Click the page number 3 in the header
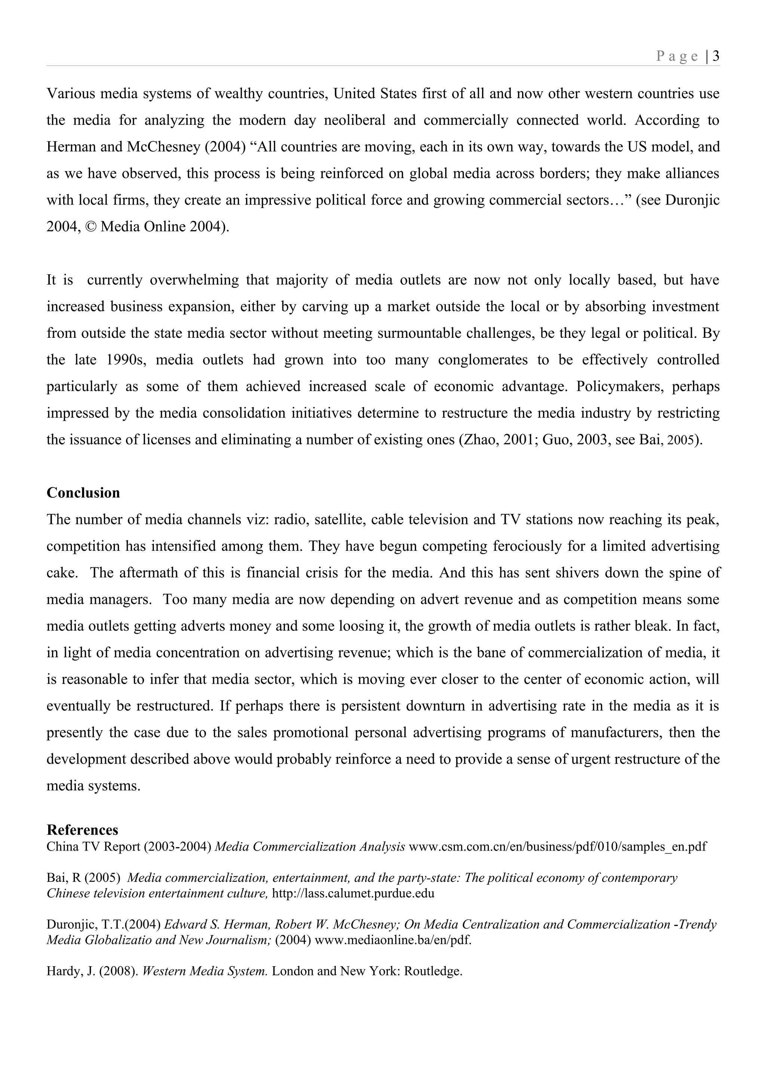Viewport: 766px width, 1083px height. click(716, 56)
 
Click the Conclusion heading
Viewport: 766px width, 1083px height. click(83, 493)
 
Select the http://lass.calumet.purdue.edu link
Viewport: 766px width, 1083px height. click(353, 894)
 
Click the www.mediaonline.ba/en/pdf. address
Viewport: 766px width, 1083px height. click(393, 940)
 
